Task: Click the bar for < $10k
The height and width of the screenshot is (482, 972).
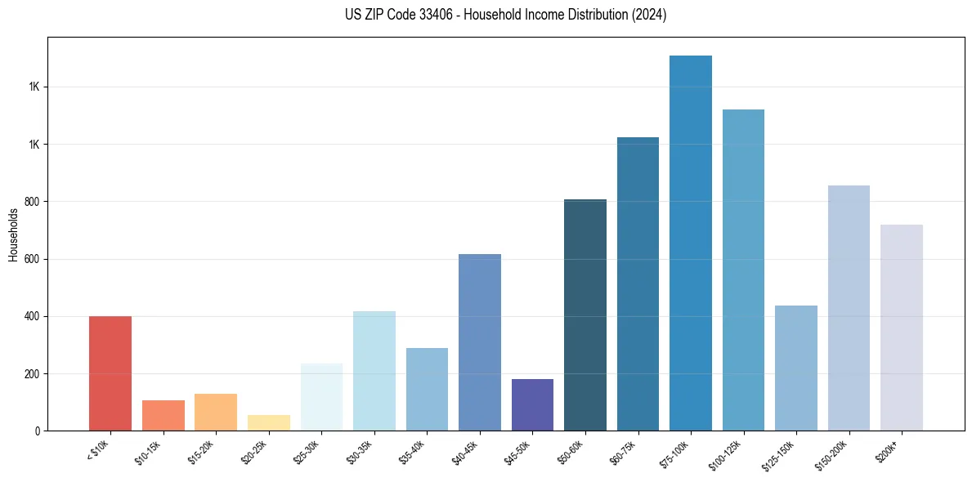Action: [110, 373]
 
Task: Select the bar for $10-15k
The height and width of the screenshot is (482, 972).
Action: [163, 415]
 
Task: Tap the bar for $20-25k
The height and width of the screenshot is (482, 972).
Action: [268, 422]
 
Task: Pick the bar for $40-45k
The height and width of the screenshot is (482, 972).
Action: [479, 342]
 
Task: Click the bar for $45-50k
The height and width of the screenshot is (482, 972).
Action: [532, 404]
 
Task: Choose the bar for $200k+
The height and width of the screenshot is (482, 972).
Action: [901, 327]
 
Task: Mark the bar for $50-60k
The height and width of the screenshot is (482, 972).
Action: [585, 315]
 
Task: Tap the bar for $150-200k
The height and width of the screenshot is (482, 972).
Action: [849, 308]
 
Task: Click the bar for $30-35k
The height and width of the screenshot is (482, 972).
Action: [374, 371]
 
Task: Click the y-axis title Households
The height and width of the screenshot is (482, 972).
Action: [13, 234]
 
